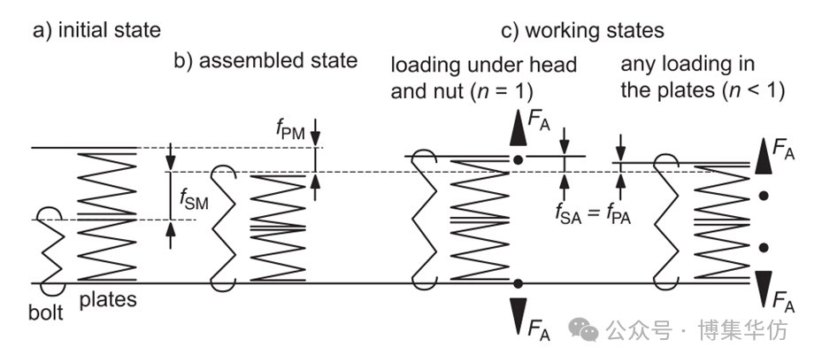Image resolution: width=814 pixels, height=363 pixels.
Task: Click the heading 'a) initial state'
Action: (96, 31)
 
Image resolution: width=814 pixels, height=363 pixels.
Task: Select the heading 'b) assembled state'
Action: (266, 61)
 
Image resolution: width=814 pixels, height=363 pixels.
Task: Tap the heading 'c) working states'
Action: (582, 31)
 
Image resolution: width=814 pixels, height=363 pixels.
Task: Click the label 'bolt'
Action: (44, 313)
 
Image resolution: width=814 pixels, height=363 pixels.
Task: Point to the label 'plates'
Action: (108, 299)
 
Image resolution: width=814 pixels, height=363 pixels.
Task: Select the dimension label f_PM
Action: (290, 132)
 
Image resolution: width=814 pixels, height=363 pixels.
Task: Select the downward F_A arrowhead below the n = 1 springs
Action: (518, 313)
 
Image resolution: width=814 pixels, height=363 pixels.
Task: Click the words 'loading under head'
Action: (484, 65)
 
